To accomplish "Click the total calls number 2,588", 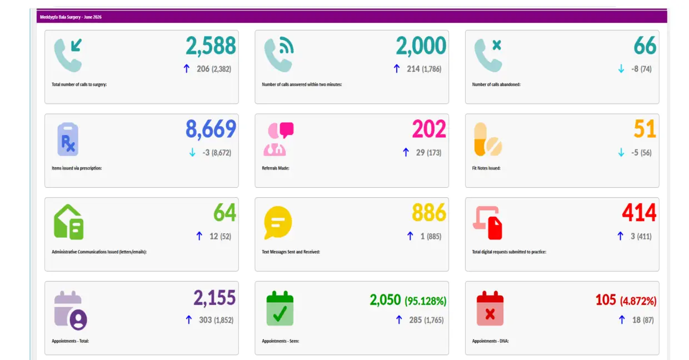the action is point(211,46).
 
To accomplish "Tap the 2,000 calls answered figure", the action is point(421,46).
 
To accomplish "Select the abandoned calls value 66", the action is point(645,46).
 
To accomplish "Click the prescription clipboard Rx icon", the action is point(68,139).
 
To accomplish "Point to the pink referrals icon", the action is point(279,139).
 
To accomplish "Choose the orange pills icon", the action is point(488,139).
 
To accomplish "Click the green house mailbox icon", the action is point(68,222).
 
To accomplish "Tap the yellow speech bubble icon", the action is point(278,223).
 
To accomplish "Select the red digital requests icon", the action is point(487,223).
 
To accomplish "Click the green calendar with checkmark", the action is point(280,308).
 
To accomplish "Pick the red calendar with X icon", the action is point(490,308).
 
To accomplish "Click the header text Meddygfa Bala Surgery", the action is point(60,17).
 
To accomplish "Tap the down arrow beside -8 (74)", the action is point(621,68).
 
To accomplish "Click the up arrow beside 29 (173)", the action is point(406,152).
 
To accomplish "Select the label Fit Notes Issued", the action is point(486,168).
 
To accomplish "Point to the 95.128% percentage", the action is point(426,301).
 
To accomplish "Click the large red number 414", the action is point(639,212).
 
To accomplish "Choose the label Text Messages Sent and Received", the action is point(291,252).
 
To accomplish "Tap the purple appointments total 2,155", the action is point(214,298).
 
